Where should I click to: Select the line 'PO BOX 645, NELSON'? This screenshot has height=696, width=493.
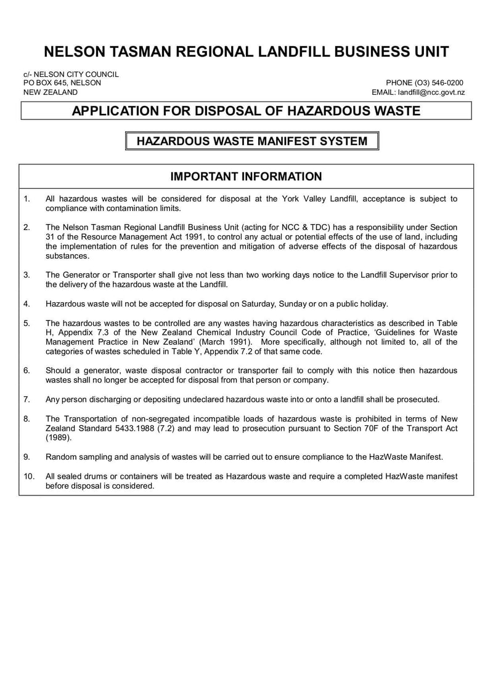coord(62,83)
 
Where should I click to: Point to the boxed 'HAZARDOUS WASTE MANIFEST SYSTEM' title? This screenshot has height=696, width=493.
coord(251,141)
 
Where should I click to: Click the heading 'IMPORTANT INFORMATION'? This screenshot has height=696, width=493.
coord(246,177)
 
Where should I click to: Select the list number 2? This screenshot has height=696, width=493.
coord(26,227)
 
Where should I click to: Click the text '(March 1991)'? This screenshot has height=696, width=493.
coord(220,342)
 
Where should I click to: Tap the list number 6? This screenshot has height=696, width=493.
coord(26,370)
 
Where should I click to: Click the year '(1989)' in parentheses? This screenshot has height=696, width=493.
coord(59,438)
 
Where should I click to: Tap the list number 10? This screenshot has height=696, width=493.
coord(28,476)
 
